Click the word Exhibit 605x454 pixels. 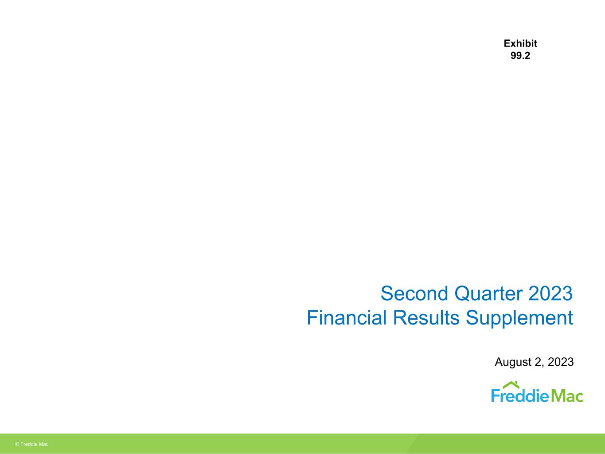pos(520,43)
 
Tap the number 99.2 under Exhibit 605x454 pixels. pos(520,56)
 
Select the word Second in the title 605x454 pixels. pos(414,294)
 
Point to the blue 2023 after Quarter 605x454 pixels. pos(550,294)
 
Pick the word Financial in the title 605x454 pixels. pos(347,317)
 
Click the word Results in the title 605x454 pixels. pos(426,317)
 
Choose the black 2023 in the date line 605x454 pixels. pos(561,362)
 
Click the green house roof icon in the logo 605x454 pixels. pos(511,385)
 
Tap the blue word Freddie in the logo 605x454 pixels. pos(520,395)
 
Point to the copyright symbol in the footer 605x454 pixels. pos(17,444)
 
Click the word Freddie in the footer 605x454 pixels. pos(29,444)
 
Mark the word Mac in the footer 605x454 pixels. pos(43,444)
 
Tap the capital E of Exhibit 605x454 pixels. pos(507,43)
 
